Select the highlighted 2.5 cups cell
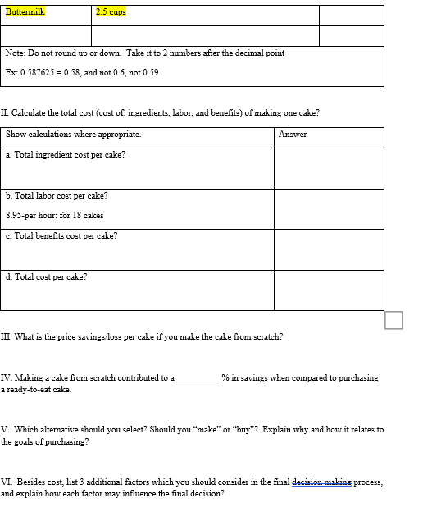tap(111, 12)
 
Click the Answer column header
tap(293, 134)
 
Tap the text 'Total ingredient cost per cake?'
tap(69, 154)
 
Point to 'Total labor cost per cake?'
tap(60, 195)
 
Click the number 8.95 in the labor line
tap(14, 215)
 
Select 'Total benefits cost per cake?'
tap(65, 235)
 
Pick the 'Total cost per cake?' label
tap(49, 276)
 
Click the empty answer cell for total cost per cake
tap(328, 290)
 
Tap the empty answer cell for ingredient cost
tap(328, 167)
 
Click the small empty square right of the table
tap(394, 320)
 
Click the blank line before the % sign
tap(198, 378)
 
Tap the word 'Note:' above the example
tap(15, 53)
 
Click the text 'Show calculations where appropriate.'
tap(73, 134)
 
